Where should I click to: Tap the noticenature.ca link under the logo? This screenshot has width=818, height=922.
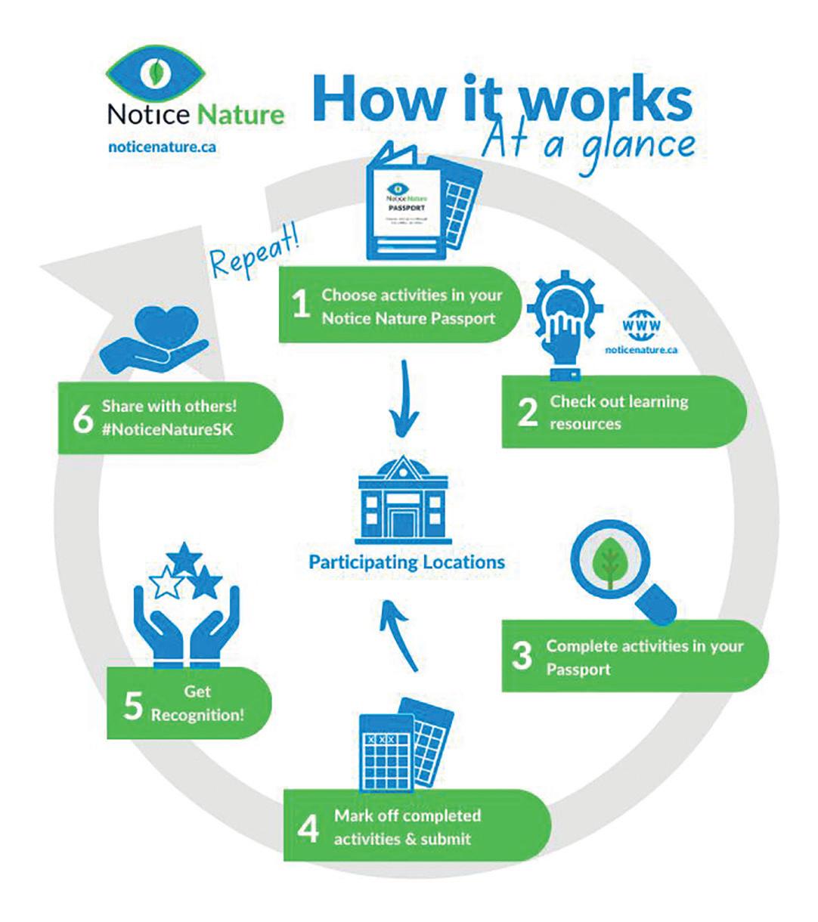[x=163, y=147]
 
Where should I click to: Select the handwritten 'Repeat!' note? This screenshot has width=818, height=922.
[x=253, y=256]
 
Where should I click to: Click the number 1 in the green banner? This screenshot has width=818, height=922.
[x=301, y=306]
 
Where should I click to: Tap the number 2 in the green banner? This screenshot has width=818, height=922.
[x=527, y=412]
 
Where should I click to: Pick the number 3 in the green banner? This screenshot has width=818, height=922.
[x=522, y=656]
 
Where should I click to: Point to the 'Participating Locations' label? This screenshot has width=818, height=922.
[x=407, y=562]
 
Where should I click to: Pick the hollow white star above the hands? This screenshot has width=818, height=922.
[x=163, y=583]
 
